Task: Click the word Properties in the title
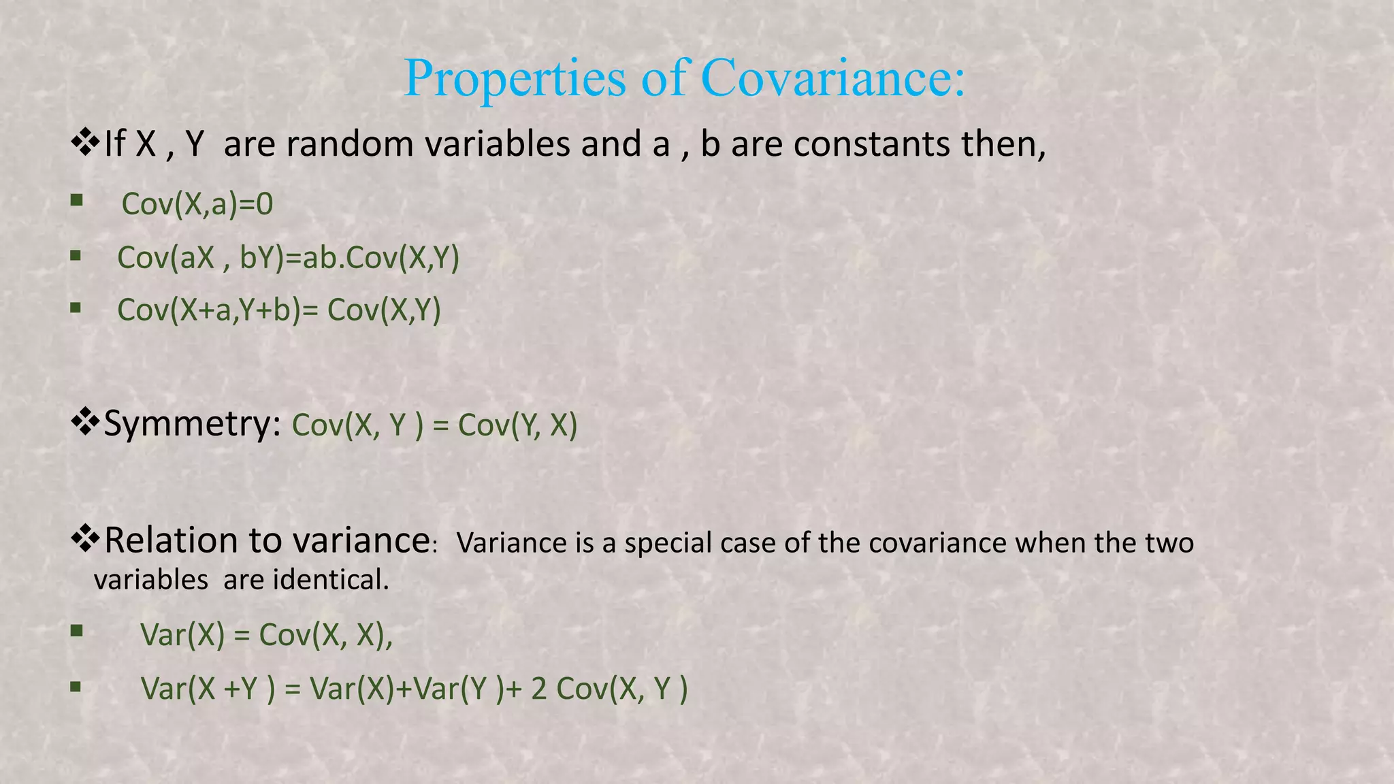515,79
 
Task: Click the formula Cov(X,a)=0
197,204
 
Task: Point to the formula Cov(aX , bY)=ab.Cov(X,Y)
289,257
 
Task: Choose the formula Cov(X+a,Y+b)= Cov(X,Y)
279,310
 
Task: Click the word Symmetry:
192,425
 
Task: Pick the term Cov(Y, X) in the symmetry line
517,425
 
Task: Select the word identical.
331,580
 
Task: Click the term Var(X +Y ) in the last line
208,689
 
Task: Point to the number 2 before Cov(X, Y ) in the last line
539,689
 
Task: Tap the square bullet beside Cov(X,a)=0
76,200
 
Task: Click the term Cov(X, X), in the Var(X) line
326,635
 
